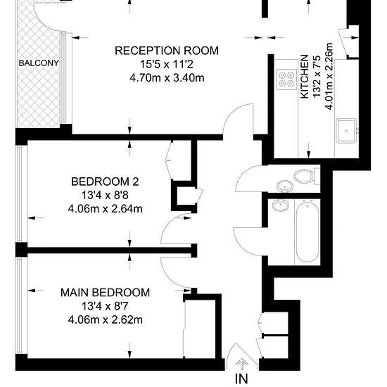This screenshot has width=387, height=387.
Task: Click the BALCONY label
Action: click(39, 63)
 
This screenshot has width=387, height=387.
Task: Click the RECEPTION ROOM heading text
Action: click(167, 51)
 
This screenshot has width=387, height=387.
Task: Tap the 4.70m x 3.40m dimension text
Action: click(167, 78)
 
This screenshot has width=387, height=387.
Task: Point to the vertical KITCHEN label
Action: click(305, 77)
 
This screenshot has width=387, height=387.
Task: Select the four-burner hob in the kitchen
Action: click(286, 79)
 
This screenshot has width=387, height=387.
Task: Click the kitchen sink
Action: click(346, 131)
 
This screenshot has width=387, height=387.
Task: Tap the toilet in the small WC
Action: click(307, 176)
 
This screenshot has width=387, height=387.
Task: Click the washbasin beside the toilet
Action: click(285, 186)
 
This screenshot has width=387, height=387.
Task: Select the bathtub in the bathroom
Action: click(307, 231)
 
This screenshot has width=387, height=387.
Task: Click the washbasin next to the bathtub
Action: click(281, 205)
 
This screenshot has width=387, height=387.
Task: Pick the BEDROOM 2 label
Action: click(105, 182)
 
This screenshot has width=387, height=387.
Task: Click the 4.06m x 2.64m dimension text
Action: click(106, 209)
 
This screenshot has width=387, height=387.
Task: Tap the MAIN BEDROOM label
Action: click(105, 293)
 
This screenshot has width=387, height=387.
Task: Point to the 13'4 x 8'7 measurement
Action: click(105, 307)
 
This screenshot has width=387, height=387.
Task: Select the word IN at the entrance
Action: click(241, 379)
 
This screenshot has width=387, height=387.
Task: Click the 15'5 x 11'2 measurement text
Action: click(167, 65)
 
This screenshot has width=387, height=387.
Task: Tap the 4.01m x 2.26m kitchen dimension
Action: click(329, 77)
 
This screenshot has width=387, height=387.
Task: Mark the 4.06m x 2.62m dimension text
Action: click(106, 320)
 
